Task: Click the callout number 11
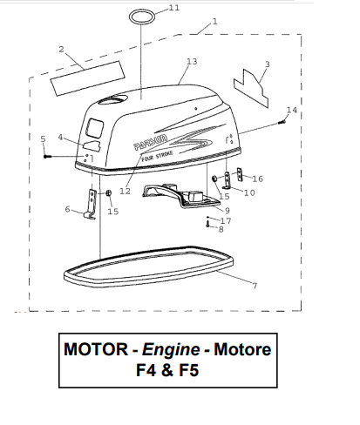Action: coord(174,8)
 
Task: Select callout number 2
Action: coord(61,50)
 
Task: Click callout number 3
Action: coord(268,64)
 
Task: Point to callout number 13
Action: coord(192,62)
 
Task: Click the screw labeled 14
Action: coord(282,122)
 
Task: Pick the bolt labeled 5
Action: coord(47,157)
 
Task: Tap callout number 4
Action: coord(60,137)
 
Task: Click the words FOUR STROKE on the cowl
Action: coord(157,156)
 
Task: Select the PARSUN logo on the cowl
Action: coord(150,142)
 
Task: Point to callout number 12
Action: coord(125,192)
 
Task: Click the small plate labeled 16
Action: coord(240,174)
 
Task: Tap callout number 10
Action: coord(249,192)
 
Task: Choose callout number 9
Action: coord(228,211)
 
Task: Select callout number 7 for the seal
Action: coord(255,286)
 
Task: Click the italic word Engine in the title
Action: coord(171,349)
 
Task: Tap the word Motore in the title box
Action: coord(242,349)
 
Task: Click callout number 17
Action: coord(226,221)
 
